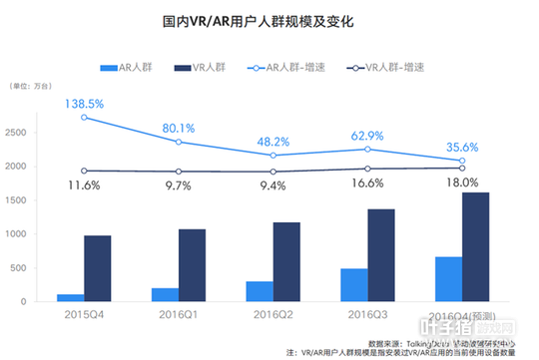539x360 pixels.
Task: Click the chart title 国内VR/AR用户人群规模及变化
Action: [x=269, y=20]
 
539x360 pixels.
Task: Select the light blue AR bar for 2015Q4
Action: [x=70, y=297]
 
